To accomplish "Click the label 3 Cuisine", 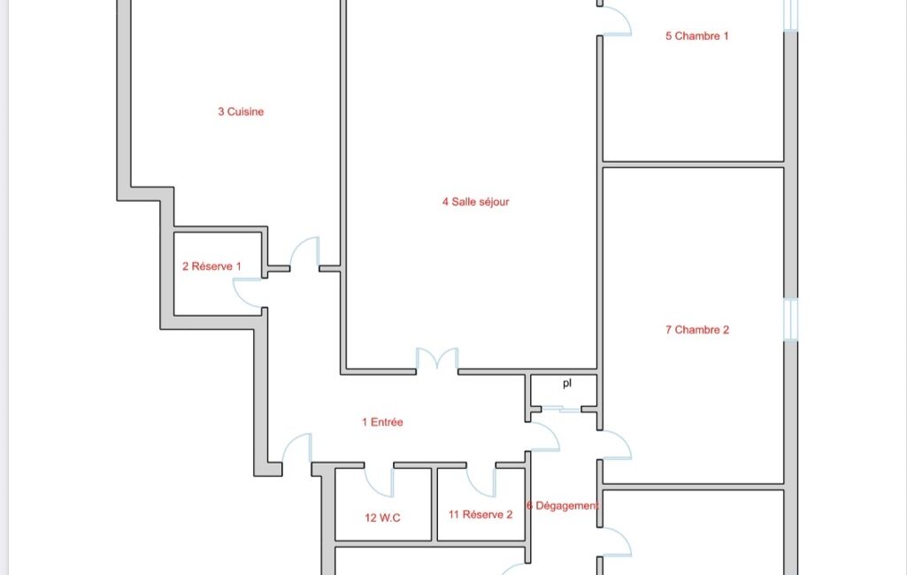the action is (x=241, y=111).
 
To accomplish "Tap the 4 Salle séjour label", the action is (x=475, y=202).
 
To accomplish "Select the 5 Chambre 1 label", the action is (x=696, y=36).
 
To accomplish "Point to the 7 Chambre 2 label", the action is (x=697, y=330).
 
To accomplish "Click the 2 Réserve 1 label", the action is (x=211, y=266).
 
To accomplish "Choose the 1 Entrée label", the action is (x=382, y=422).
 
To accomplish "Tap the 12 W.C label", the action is (x=382, y=517).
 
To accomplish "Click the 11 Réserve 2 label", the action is (x=480, y=514).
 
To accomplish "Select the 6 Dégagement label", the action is (x=562, y=506).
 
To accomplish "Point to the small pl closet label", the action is (x=567, y=383).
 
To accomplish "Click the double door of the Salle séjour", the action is (x=437, y=358).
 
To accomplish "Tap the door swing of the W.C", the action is (x=379, y=481).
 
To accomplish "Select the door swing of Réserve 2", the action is (x=481, y=481).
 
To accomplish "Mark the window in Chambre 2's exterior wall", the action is (x=791, y=319).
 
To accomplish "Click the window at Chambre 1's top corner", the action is (x=791, y=14).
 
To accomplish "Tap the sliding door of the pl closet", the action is (x=561, y=410).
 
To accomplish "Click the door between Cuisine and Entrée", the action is (x=304, y=253).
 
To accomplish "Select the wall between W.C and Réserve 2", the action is (x=434, y=504).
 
